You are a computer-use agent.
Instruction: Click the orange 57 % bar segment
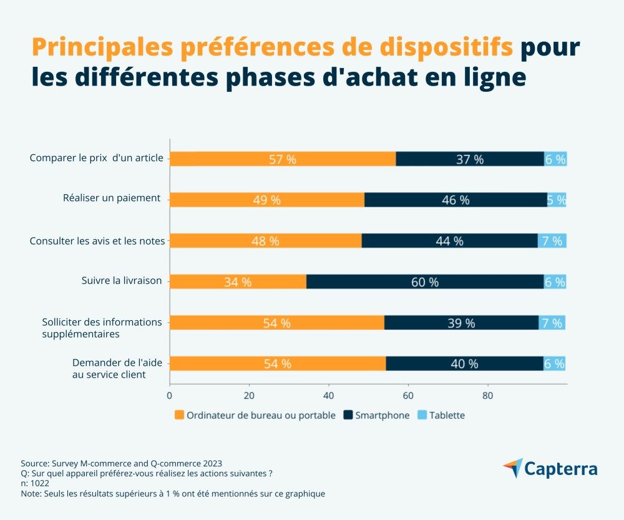coord(283,159)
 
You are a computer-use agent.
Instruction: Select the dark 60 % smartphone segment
coord(425,282)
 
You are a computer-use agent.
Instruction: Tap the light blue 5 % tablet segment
coord(557,200)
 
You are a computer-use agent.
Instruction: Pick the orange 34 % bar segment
coord(238,282)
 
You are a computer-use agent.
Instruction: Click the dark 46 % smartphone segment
coord(456,200)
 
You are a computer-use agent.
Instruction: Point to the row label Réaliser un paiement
coord(112,199)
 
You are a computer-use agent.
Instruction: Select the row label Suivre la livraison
coord(122,280)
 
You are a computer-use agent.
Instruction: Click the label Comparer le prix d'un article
coord(97,158)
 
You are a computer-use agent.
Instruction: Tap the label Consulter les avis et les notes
coord(97,240)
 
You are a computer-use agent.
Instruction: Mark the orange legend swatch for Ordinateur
coord(180,415)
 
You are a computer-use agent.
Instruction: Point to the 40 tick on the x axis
coord(328,396)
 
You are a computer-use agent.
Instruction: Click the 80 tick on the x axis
coord(487,396)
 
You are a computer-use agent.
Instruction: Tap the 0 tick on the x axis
coord(170,396)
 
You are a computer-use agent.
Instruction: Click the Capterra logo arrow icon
coord(513,468)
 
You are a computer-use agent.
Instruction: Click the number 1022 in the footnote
coord(44,483)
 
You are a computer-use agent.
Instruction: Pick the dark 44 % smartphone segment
coord(449,241)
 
